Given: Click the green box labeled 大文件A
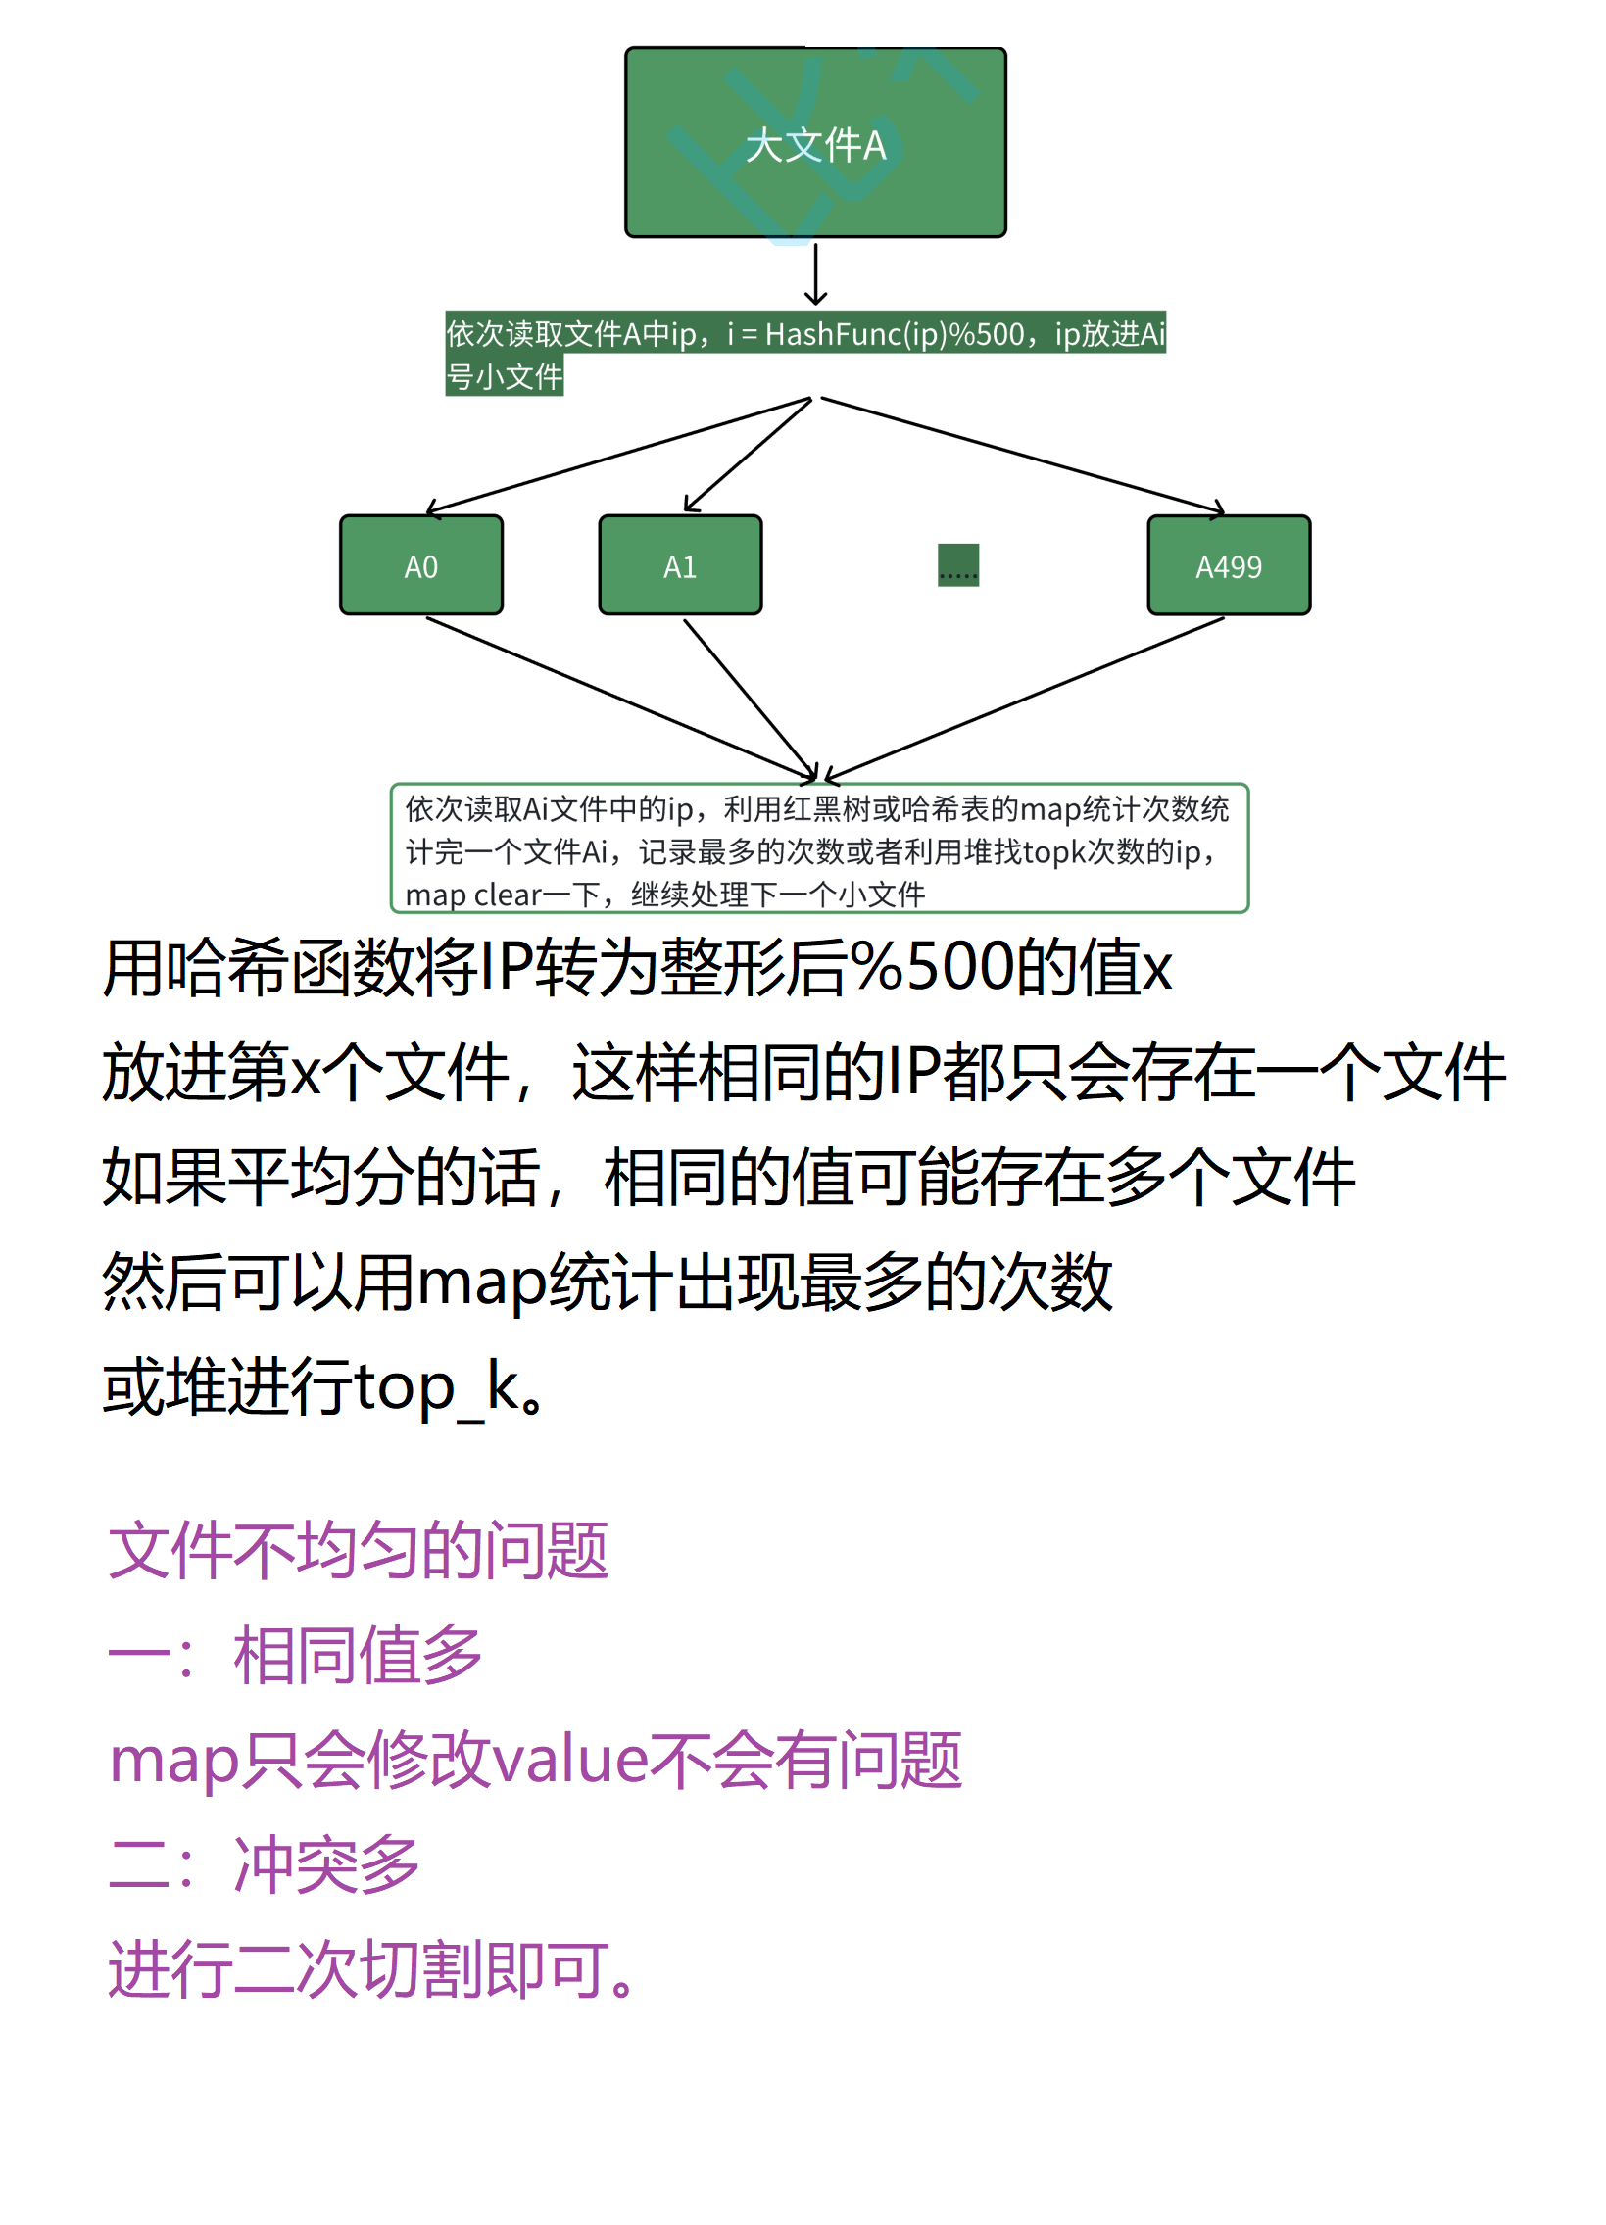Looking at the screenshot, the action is tap(814, 142).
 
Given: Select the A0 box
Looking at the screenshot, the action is tap(421, 565).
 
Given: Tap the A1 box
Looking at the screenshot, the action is tap(680, 565).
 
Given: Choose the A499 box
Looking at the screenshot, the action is tap(1229, 565).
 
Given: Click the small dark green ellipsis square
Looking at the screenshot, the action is tap(957, 565).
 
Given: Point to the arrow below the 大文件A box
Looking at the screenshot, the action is tap(815, 273).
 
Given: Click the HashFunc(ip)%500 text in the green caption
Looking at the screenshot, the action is tap(894, 334).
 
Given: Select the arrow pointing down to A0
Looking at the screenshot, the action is tap(618, 457).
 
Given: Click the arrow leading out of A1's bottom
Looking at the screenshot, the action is tap(751, 701).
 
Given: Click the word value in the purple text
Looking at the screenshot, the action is tap(570, 1759).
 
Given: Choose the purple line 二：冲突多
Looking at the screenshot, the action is tap(264, 1864).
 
